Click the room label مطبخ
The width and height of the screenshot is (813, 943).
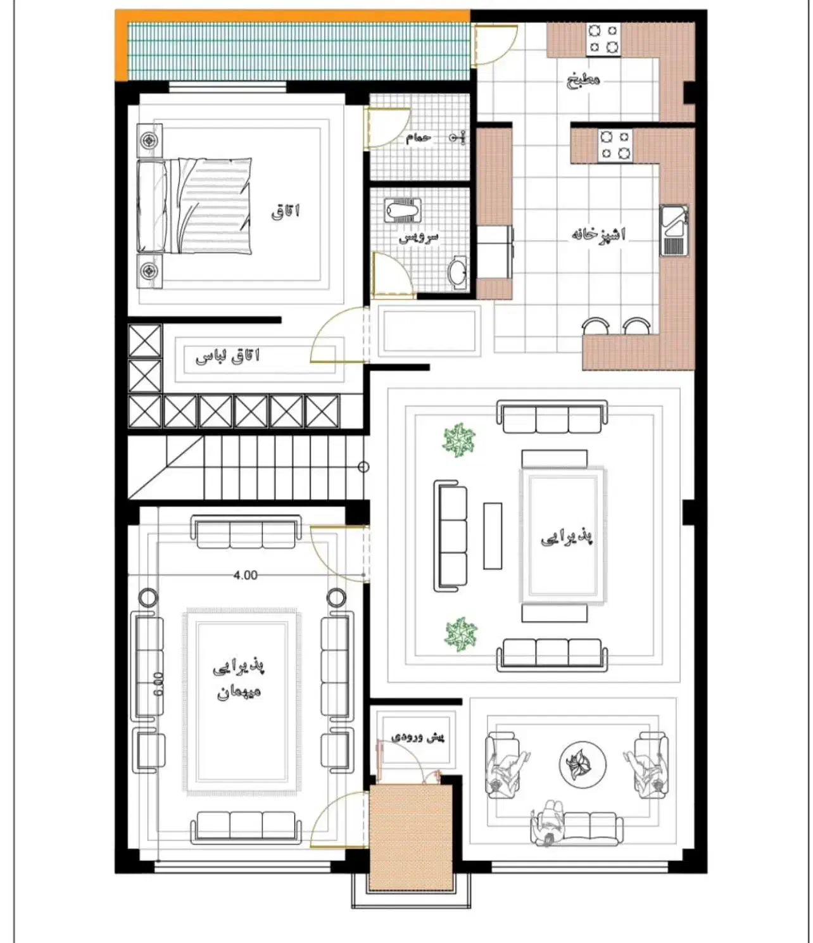click(x=583, y=80)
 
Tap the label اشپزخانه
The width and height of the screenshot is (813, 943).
click(x=598, y=234)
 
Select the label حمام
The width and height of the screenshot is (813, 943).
click(x=419, y=137)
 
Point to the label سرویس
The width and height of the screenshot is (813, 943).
click(x=419, y=237)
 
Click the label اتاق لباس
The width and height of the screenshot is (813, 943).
click(x=227, y=357)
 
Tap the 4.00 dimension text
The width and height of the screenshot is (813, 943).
click(x=246, y=575)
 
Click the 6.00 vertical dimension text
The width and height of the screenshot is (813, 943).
click(x=158, y=685)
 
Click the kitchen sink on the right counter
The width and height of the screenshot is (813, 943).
click(x=674, y=231)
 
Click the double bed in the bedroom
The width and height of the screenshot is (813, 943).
click(x=195, y=206)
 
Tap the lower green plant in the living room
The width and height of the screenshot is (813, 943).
click(x=461, y=634)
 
